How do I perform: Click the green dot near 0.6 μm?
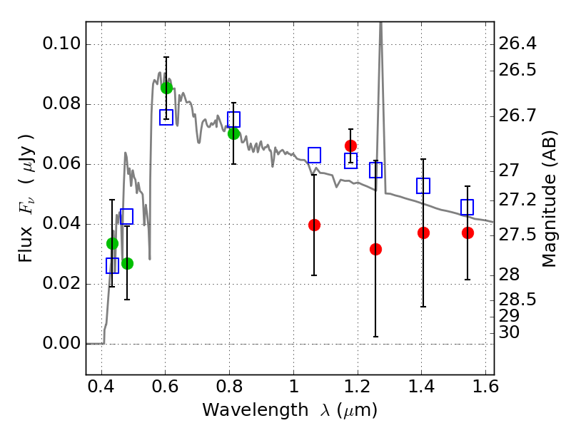tap(166, 88)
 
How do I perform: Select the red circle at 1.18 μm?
tap(350, 146)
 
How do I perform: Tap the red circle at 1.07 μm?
tap(314, 225)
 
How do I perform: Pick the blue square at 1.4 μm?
tap(423, 185)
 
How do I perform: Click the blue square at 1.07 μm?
tap(314, 155)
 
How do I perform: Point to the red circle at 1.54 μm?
tap(468, 233)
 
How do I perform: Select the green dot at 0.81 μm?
tap(233, 133)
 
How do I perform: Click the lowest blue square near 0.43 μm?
tap(112, 265)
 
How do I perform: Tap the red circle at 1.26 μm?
tap(375, 249)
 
